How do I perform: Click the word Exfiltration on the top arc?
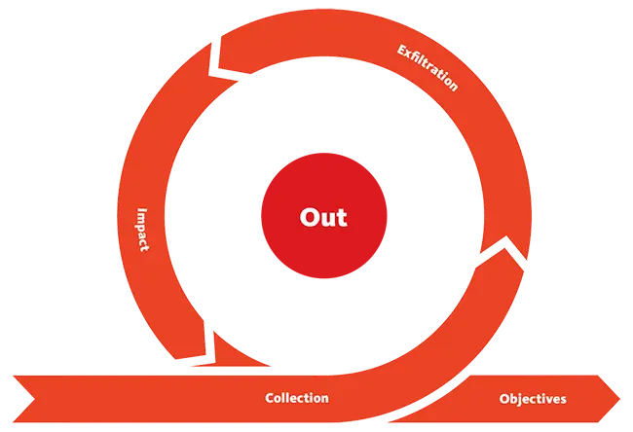pos(428,68)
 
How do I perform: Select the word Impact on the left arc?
pos(142,230)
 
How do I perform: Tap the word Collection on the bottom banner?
pos(297,398)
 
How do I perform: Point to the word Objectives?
pos(533,399)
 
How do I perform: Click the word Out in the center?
pos(323,217)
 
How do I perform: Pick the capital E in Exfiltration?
pos(402,50)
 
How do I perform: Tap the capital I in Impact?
pos(142,210)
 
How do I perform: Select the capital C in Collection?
pos(270,398)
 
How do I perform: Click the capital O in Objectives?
pos(504,399)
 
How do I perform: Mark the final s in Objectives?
pos(563,400)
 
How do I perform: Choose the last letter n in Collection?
pos(324,400)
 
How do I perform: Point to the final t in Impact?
pos(144,249)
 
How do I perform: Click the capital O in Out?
pos(309,217)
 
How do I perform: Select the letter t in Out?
pos(342,218)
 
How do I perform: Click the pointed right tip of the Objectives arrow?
pos(619,399)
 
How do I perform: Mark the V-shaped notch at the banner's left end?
pos(34,399)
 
